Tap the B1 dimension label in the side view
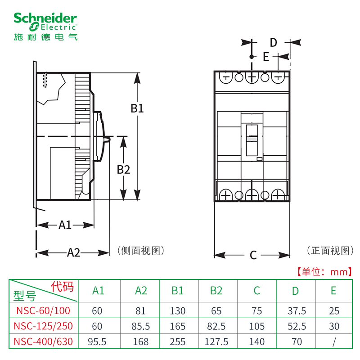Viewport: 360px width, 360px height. point(137,108)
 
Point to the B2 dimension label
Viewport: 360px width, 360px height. point(123,170)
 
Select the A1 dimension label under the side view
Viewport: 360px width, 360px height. point(65,225)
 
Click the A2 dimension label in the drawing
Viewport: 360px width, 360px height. point(73,253)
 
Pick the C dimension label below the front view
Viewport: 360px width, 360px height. point(253,256)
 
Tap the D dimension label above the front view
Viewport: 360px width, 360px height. point(274,43)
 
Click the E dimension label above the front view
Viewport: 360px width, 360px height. point(265,57)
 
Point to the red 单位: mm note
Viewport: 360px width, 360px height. point(322,272)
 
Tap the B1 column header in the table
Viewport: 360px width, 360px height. point(177,291)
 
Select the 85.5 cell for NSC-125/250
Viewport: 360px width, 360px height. point(141,326)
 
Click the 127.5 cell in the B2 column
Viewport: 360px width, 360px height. point(216,342)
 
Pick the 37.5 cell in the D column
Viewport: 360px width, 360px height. point(295,310)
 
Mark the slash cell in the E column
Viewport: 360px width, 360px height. point(333,342)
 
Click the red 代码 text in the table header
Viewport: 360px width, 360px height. point(62,286)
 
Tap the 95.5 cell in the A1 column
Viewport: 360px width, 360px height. point(98,342)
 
